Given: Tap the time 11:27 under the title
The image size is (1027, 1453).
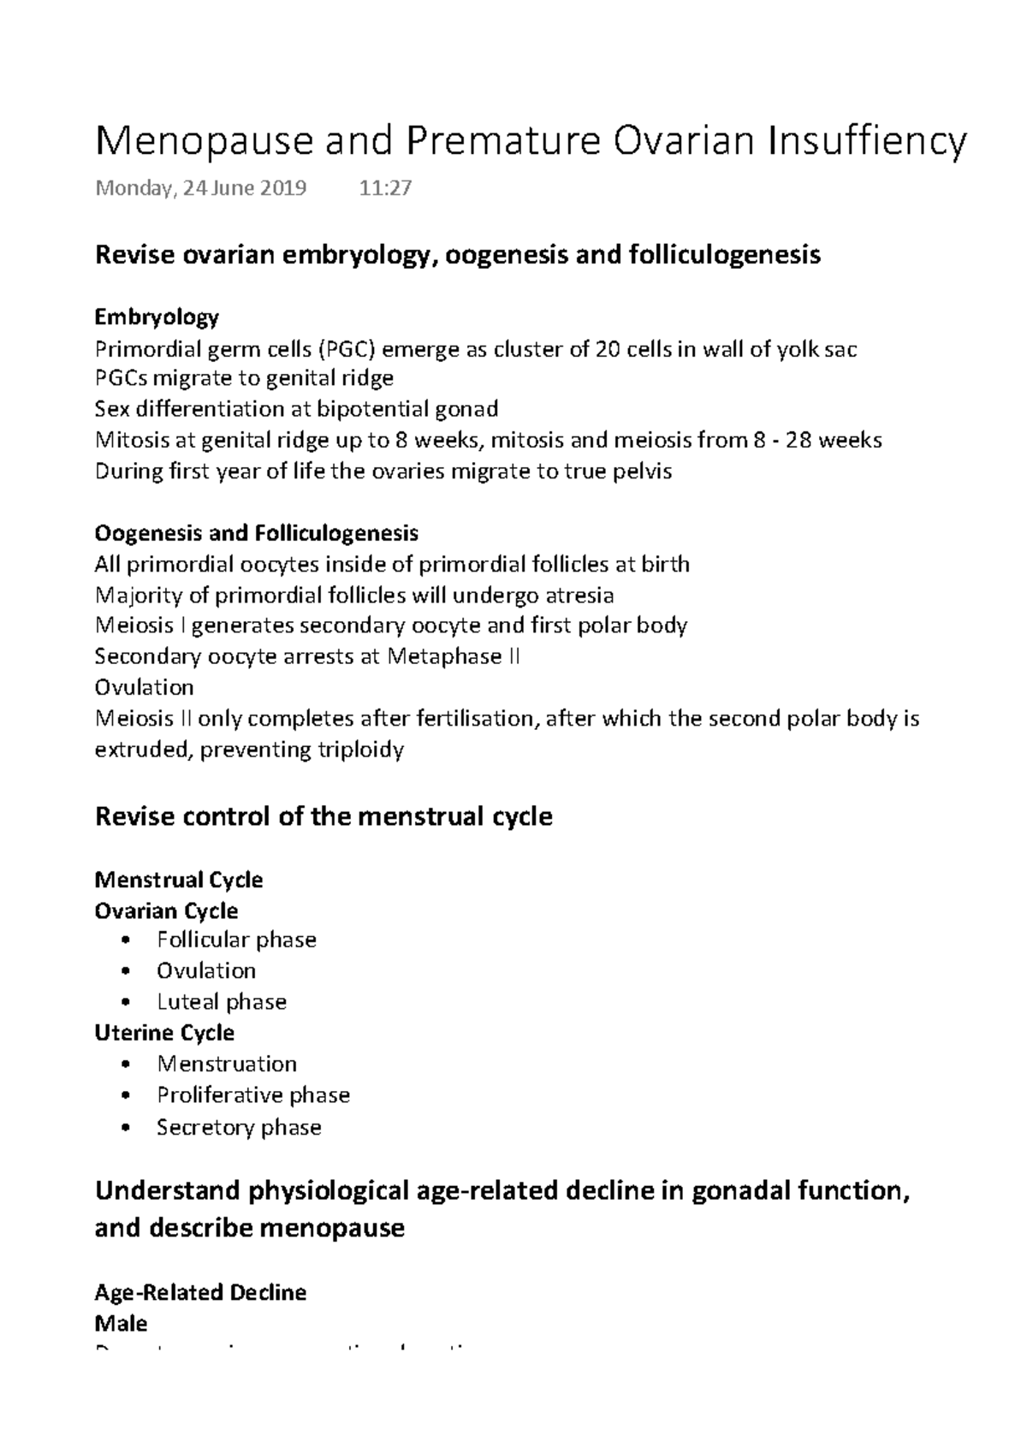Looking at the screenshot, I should pos(385,188).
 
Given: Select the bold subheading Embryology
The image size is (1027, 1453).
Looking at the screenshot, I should pos(157,317).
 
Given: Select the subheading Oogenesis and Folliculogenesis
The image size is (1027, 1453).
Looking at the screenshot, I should pos(256,533).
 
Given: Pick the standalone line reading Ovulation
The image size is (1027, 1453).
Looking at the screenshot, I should pos(144,687).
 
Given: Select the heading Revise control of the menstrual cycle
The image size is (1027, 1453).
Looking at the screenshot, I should pos(323,815).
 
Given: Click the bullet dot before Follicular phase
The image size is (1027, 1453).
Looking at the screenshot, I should pos(127,940).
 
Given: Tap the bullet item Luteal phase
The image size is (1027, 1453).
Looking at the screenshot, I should pos(221,1001).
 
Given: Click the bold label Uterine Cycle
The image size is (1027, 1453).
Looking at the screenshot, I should pos(163,1032).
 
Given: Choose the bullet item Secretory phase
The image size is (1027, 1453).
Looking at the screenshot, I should pos(239,1127).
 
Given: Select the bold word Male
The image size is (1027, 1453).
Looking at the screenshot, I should pos(121,1323).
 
